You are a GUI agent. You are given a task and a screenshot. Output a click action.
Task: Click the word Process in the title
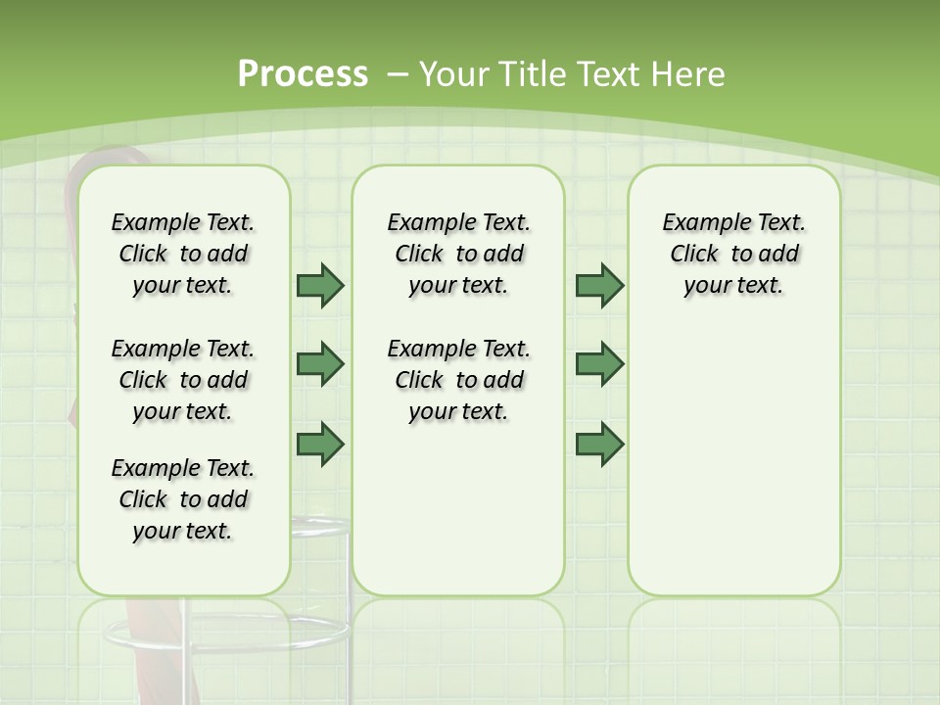coord(303,73)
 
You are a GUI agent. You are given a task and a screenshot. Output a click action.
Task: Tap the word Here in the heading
coord(691,73)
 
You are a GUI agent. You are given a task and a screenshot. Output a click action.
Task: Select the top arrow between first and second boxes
coord(320,285)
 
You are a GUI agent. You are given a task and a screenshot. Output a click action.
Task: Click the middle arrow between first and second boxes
coord(320,364)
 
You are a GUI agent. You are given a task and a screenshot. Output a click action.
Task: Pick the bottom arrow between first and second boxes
coord(320,444)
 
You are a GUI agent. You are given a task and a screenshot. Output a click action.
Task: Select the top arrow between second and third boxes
coord(599,285)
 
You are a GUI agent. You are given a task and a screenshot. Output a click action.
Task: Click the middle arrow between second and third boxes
coord(599,364)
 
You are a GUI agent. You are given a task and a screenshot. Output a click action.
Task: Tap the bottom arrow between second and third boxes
coord(599,444)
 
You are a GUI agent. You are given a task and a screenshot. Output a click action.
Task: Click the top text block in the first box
coord(183,254)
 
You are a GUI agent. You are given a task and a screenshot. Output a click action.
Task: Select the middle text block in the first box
coord(183,380)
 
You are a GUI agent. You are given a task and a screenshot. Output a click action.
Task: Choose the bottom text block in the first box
coord(183,499)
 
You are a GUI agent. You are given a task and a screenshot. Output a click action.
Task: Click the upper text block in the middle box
coord(458,254)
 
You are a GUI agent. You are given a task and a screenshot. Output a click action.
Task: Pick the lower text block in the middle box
coord(458,380)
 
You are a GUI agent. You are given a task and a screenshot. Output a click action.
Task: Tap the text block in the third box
coord(733,254)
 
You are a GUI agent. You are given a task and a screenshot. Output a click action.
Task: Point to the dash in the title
coord(398,73)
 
